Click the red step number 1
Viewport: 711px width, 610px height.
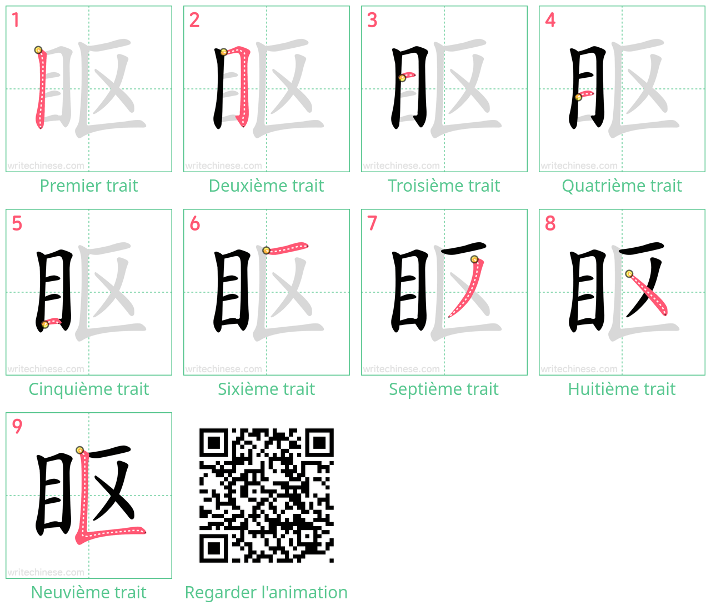pyautogui.click(x=15, y=20)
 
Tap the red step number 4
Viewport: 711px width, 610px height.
pyautogui.click(x=550, y=20)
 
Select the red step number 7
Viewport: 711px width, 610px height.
pyautogui.click(x=372, y=223)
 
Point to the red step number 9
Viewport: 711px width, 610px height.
pyautogui.click(x=17, y=427)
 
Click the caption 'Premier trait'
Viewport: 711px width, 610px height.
pyautogui.click(x=89, y=186)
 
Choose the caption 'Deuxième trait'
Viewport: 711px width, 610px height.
pyautogui.click(x=266, y=186)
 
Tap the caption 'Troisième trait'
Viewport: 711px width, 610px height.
pyautogui.click(x=444, y=186)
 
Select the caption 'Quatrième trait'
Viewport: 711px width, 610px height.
pyautogui.click(x=622, y=186)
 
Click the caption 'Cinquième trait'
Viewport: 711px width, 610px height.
pyautogui.click(x=89, y=389)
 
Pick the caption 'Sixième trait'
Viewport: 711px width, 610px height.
pyautogui.click(x=266, y=389)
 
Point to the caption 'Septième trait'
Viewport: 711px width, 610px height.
pyautogui.click(x=444, y=389)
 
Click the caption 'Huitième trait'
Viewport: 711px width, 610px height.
pyautogui.click(x=622, y=389)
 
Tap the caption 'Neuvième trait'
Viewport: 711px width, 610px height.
pyautogui.click(x=89, y=592)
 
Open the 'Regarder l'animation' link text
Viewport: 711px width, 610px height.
pyautogui.click(x=266, y=592)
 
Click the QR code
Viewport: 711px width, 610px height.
pyautogui.click(x=266, y=496)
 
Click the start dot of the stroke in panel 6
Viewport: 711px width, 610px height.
pyautogui.click(x=266, y=250)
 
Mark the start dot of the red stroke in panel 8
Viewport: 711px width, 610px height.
pyautogui.click(x=629, y=274)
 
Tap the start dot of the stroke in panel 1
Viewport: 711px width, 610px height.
pyautogui.click(x=38, y=50)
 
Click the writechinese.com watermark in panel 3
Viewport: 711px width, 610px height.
pyautogui.click(x=401, y=166)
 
